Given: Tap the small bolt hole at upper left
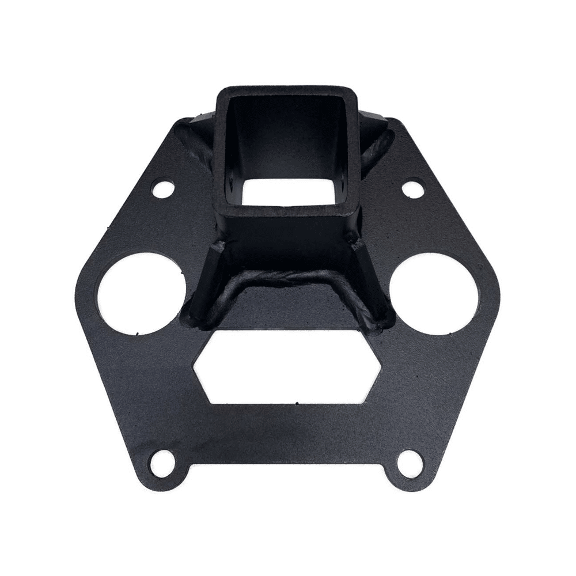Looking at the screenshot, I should click(x=165, y=188).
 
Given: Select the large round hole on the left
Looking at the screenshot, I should click(x=143, y=291).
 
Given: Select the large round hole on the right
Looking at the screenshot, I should click(x=433, y=290).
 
